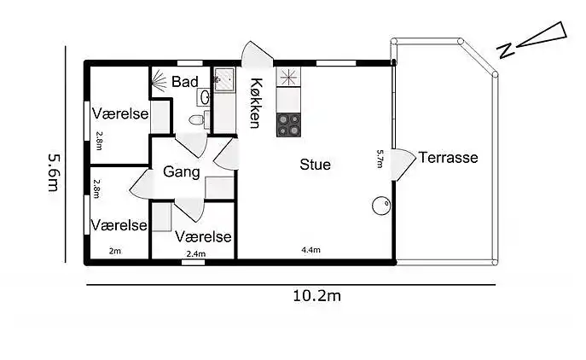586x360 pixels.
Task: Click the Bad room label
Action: click(185, 82)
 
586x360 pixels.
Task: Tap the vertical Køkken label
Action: click(255, 102)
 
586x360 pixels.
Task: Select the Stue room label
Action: click(315, 165)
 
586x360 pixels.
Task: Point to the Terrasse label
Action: click(449, 158)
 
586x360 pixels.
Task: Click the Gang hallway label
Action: click(181, 172)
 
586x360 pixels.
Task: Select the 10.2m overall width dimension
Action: click(317, 296)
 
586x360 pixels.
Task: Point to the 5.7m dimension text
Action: click(380, 160)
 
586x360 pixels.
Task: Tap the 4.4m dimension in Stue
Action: click(310, 250)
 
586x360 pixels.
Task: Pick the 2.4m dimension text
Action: click(196, 253)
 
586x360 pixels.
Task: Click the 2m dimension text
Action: click(115, 251)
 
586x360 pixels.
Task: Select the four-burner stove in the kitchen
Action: click(289, 125)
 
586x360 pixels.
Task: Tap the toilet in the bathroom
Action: click(198, 120)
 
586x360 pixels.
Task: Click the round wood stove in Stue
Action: click(380, 206)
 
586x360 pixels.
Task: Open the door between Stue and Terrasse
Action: click(404, 164)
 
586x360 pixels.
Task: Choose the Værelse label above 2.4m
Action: click(204, 237)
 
